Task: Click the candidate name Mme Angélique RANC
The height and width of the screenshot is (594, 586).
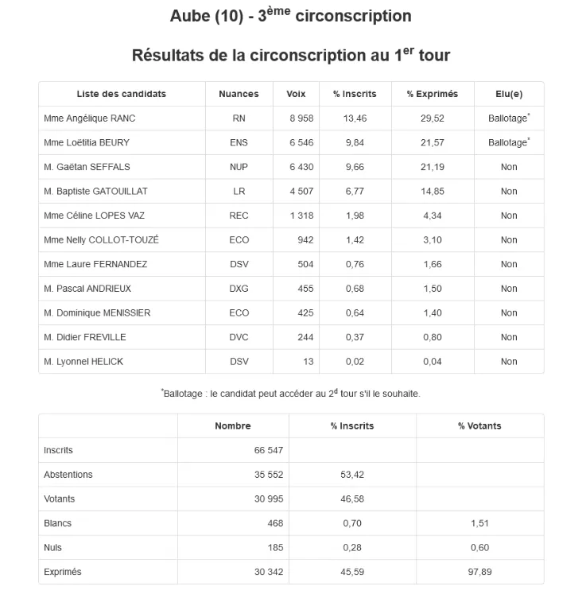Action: [x=90, y=118]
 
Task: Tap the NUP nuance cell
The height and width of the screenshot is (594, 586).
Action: [x=239, y=167]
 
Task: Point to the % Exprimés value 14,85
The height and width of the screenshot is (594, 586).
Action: [x=433, y=191]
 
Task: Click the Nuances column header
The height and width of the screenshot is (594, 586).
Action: [x=239, y=94]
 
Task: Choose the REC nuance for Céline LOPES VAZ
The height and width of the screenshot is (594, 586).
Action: [x=239, y=215]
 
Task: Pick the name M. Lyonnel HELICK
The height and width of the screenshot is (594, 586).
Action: [x=83, y=362]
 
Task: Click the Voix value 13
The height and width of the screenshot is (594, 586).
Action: [x=308, y=362]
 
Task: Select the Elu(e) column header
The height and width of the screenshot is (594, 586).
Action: [x=509, y=94]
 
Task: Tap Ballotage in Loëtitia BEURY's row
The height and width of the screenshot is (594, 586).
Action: [x=507, y=143]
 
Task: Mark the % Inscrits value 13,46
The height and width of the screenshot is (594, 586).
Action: [x=355, y=118]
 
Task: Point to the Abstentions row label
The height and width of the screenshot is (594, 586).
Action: [x=68, y=475]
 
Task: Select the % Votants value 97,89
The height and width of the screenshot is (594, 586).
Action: [x=479, y=572]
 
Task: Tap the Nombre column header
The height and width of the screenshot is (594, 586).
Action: [x=232, y=426]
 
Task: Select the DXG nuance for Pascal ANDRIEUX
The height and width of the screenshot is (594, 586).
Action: [x=239, y=289]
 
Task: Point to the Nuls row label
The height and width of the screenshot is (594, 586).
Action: [x=52, y=548]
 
